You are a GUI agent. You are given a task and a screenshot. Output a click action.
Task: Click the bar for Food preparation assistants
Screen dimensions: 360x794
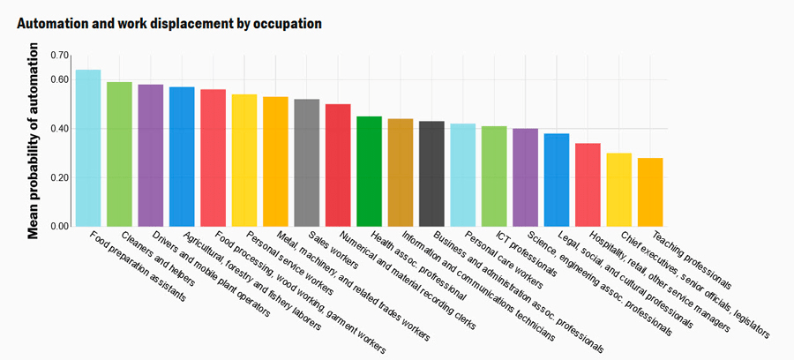pos(88,147)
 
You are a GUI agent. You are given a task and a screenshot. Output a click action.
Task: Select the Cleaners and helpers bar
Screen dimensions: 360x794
pos(119,154)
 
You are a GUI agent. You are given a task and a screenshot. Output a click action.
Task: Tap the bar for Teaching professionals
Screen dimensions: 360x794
pos(650,191)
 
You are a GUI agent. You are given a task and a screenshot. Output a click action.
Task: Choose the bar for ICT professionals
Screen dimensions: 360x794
pos(494,176)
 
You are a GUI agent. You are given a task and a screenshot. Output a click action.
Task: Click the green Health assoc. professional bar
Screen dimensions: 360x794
pos(369,171)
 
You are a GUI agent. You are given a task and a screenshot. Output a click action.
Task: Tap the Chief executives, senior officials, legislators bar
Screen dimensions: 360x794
pos(619,190)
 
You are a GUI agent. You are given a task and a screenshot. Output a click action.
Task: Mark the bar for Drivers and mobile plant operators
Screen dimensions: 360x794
pos(150,155)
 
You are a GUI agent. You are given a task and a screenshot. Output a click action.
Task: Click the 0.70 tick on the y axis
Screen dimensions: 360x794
pos(59,56)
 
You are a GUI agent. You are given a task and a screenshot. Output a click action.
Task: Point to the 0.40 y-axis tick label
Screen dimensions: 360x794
pos(59,129)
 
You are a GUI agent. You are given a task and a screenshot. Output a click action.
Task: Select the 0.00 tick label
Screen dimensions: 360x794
pos(59,227)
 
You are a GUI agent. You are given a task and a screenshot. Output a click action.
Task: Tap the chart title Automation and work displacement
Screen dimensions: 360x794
pos(169,23)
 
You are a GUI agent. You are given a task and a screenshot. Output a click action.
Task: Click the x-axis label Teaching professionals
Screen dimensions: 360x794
pos(692,259)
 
